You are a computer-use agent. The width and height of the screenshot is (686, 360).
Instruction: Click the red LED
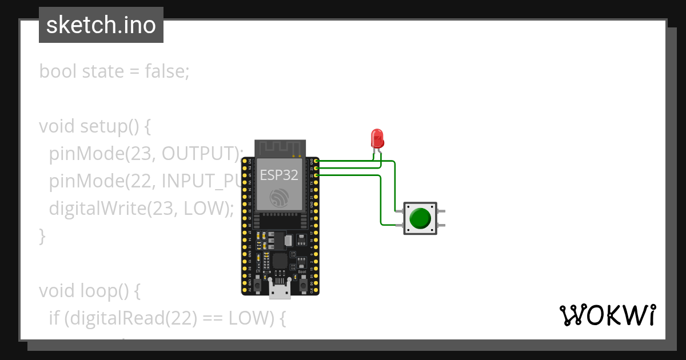pos(377,138)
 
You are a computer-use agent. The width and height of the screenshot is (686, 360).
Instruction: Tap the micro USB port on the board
pos(280,291)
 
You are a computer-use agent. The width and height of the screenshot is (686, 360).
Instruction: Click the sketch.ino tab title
pos(101,25)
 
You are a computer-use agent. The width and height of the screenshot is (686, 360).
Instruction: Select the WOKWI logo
pos(607,315)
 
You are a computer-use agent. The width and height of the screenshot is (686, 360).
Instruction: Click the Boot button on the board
pos(302,283)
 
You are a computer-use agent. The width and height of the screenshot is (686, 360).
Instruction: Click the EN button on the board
pos(258,283)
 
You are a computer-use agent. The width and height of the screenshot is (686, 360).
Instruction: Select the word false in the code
pos(166,71)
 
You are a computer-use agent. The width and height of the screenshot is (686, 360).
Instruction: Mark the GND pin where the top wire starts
pos(316,162)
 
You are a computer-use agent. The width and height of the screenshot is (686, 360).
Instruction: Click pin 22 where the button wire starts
pos(316,175)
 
